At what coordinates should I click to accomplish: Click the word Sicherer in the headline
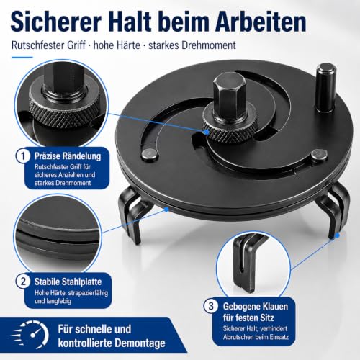coord(55,22)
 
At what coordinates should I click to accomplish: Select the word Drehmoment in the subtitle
coord(209,45)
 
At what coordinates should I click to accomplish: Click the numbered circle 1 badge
coord(23,156)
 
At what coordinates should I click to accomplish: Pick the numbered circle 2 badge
coord(23,282)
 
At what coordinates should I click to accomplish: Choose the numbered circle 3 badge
coord(211,306)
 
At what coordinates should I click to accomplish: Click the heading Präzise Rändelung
coord(68,156)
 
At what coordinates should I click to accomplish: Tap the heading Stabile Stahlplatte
coord(68,282)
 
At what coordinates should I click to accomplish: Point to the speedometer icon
coord(30,335)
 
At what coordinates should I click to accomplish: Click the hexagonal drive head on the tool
coord(230,92)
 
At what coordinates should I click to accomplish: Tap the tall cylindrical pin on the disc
coord(325,88)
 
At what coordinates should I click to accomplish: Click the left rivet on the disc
coord(150,154)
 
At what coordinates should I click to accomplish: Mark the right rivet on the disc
coord(320,155)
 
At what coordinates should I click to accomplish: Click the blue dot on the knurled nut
coord(206,132)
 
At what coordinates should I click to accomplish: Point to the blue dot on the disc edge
coord(166,210)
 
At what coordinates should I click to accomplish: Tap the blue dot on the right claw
coord(337,235)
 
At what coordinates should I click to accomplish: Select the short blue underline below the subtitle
coord(22,58)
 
